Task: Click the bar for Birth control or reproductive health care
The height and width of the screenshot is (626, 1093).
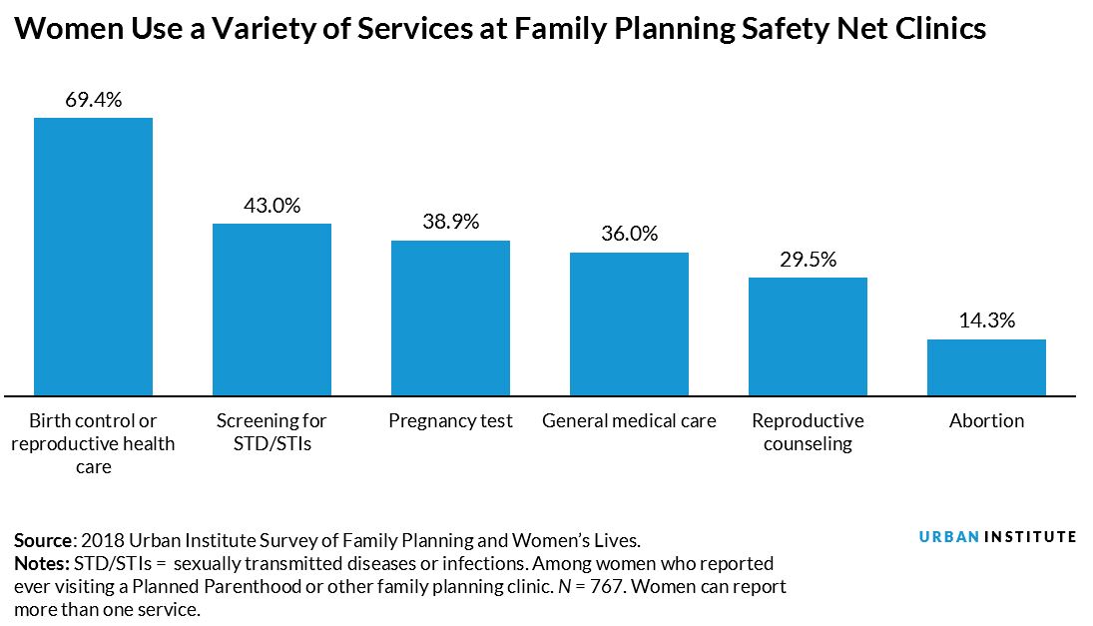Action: [93, 256]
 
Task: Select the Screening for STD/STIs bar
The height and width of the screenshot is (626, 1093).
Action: [272, 309]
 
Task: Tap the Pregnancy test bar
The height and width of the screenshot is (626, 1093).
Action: [450, 317]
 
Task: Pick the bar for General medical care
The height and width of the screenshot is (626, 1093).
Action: [629, 323]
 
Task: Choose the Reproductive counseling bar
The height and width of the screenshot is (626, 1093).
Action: [808, 335]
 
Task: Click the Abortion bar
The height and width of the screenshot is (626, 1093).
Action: [986, 366]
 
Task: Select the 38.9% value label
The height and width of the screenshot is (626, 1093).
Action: [450, 222]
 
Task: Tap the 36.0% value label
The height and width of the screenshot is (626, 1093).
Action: [629, 234]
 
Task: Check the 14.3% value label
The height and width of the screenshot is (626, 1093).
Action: [986, 320]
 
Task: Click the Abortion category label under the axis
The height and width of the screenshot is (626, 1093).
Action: [986, 420]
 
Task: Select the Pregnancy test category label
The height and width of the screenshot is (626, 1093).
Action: [450, 420]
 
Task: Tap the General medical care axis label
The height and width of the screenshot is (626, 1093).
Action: [629, 420]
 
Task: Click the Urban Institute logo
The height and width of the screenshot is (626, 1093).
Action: [997, 537]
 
